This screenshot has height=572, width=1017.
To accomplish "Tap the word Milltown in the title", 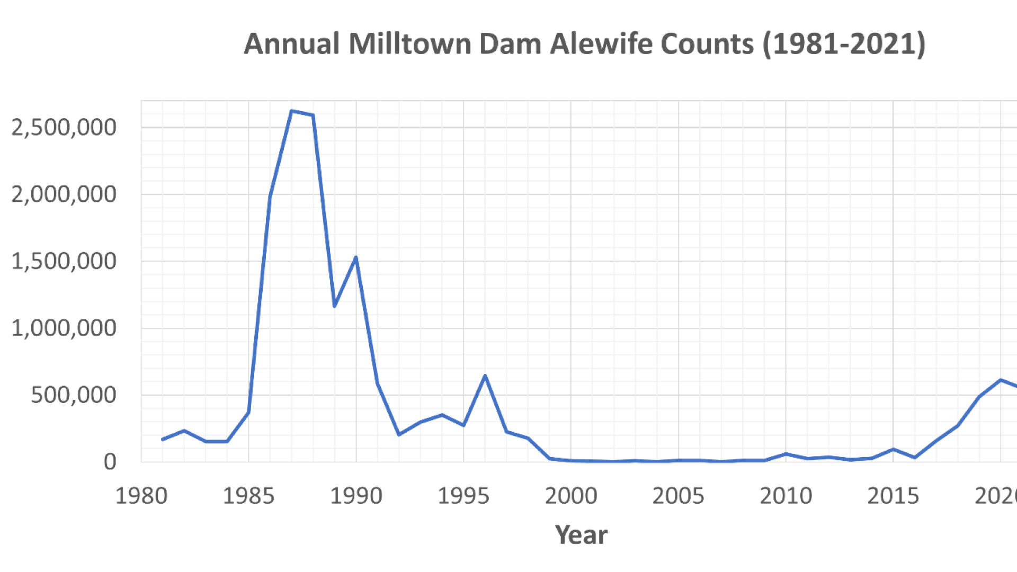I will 410,44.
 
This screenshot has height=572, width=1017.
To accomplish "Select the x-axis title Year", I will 581,535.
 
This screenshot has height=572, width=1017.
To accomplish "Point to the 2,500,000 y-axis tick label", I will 64,128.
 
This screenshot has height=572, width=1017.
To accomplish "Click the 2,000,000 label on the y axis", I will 64,195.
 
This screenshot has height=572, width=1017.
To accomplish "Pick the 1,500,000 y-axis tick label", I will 64,262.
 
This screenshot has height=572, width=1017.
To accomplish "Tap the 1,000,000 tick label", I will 64,328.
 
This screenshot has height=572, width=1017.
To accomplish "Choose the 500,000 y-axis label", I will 73,395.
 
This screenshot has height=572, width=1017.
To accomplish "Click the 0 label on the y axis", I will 110,462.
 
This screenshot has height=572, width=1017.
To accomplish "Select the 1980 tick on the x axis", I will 141,496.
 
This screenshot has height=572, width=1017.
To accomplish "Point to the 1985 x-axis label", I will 248,496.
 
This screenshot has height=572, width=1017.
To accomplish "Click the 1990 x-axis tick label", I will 356,496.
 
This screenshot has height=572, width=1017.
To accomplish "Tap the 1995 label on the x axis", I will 463,496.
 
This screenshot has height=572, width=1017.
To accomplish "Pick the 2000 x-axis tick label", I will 571,496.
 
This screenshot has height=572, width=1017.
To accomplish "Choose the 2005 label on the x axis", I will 679,496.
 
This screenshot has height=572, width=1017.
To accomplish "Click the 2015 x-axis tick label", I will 893,496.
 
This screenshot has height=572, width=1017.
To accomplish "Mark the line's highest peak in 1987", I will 291,111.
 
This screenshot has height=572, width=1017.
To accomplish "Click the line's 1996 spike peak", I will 485,376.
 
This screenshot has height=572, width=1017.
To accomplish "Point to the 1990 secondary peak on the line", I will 356,257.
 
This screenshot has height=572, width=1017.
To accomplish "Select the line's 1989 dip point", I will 334,306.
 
